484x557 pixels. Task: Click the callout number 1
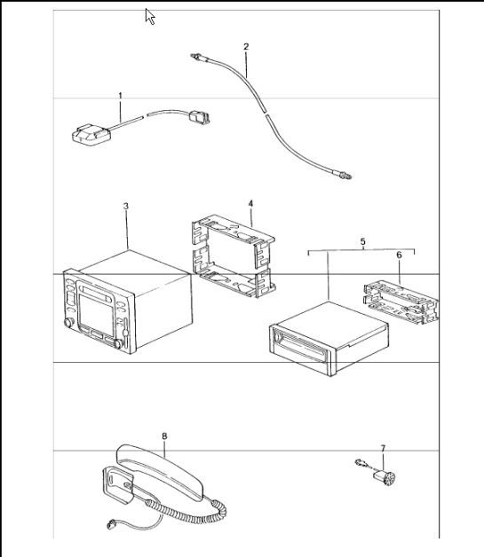click(120, 94)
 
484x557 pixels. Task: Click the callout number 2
click(246, 46)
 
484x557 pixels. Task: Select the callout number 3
click(126, 206)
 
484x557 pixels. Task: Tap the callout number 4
click(250, 203)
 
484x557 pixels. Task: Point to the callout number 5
click(362, 240)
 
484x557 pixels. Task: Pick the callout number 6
click(399, 255)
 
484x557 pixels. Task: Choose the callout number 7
click(383, 448)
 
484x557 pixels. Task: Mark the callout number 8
click(164, 435)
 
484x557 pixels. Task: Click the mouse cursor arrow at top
click(150, 16)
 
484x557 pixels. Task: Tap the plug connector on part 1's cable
click(199, 114)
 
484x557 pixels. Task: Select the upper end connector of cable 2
click(197, 59)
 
